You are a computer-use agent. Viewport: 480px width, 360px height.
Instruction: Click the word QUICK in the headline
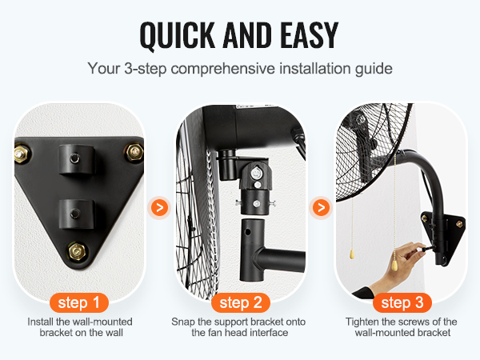tap(178, 35)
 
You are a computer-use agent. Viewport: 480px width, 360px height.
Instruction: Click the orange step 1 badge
tap(79, 302)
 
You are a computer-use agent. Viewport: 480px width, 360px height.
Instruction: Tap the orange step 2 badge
tap(241, 302)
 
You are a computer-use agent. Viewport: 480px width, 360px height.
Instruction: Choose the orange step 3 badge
tap(402, 302)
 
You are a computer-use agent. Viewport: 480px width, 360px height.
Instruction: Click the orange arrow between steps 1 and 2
tap(159, 208)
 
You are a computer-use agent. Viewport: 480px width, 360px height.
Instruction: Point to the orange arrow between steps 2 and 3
tap(321, 208)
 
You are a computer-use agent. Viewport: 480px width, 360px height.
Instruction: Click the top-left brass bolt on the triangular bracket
tap(22, 154)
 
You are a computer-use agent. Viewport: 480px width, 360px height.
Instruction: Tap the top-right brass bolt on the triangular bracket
tap(134, 152)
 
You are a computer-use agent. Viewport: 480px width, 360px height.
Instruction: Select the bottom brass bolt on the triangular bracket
tap(77, 252)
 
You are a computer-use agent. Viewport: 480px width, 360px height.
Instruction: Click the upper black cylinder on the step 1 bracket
tap(76, 160)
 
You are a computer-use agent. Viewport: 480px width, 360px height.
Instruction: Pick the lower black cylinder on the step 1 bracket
tap(76, 214)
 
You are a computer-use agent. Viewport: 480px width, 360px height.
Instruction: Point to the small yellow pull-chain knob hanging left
tap(352, 254)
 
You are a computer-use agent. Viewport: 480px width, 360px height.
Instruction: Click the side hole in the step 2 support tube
tap(246, 232)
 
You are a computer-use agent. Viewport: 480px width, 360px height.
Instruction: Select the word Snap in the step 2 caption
tap(183, 322)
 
